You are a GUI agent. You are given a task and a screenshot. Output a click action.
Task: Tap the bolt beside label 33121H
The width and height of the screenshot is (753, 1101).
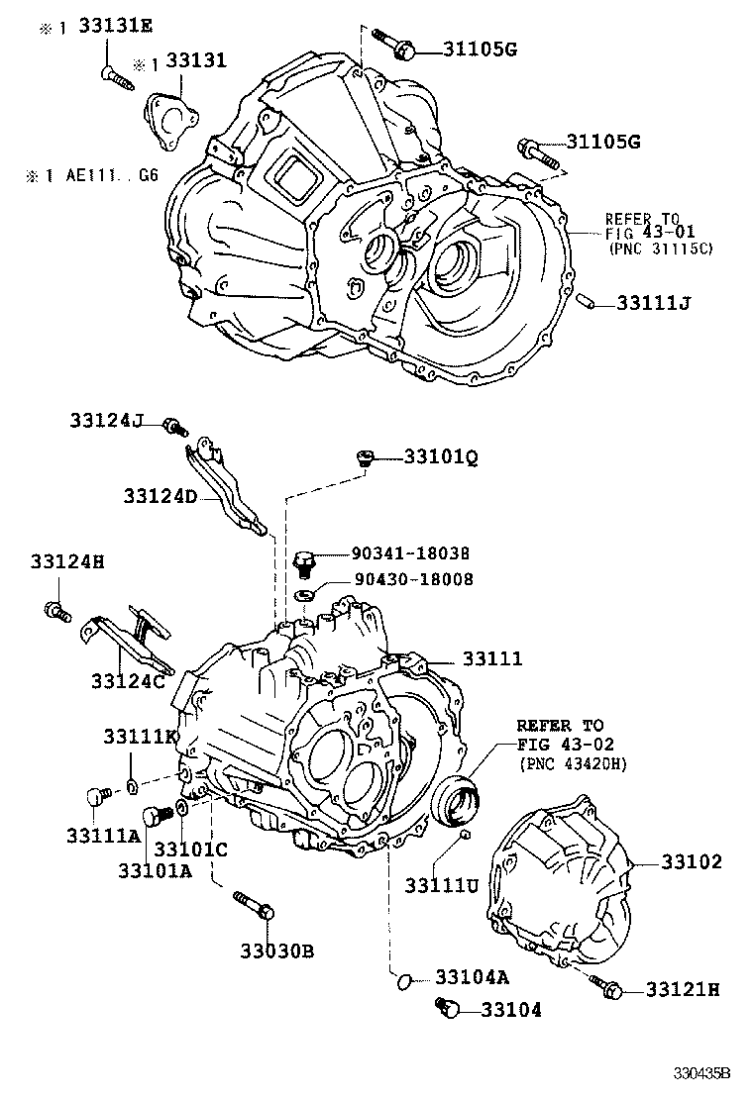click(x=603, y=986)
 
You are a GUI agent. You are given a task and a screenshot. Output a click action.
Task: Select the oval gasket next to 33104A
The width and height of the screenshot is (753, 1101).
click(x=402, y=980)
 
